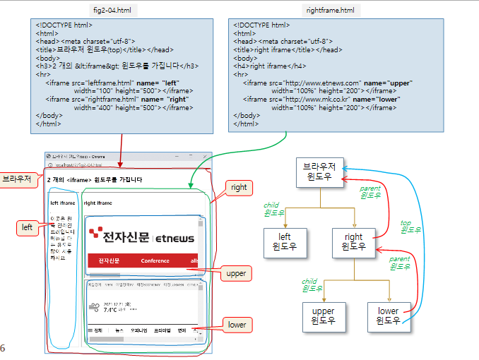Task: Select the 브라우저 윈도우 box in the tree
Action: click(x=319, y=173)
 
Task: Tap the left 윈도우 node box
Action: click(x=285, y=242)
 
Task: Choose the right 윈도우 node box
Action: click(x=353, y=242)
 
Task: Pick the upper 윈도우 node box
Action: click(x=323, y=317)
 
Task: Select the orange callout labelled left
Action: click(x=27, y=227)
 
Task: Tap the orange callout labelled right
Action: click(x=238, y=188)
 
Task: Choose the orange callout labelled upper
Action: click(x=235, y=272)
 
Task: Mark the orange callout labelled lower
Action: click(x=236, y=325)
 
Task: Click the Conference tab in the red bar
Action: click(x=155, y=260)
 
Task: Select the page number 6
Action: click(x=3, y=348)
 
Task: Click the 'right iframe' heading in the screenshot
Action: click(x=98, y=203)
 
